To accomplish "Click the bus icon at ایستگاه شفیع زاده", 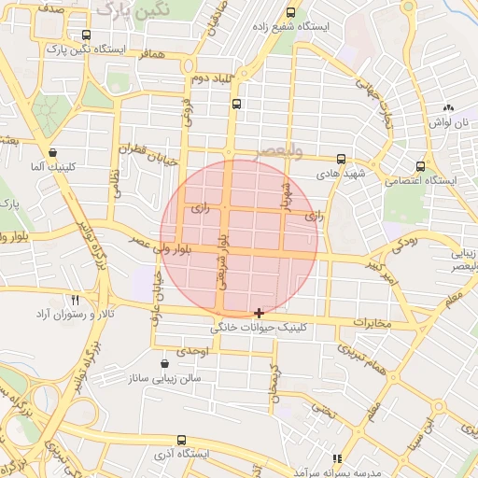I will (290, 13).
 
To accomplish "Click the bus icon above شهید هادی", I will (341, 160).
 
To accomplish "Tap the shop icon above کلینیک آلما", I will (51, 152).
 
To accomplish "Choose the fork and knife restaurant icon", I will (76, 301).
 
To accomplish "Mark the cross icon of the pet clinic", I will (259, 312).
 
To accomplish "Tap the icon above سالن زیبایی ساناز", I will (164, 363).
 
